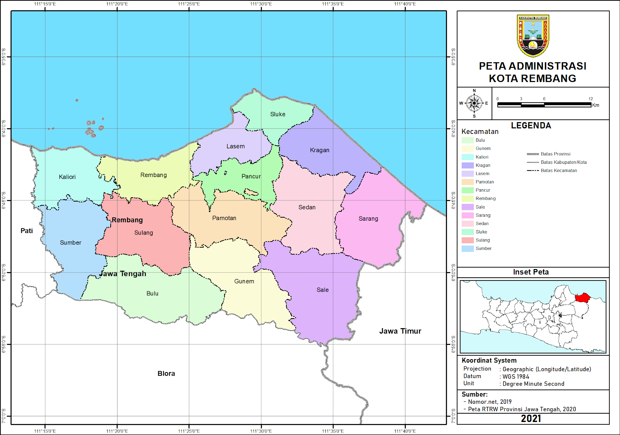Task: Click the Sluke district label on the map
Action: pyautogui.click(x=278, y=114)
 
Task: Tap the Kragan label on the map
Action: pyautogui.click(x=319, y=150)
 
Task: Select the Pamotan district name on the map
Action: pyautogui.click(x=224, y=218)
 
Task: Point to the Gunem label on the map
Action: pyautogui.click(x=244, y=281)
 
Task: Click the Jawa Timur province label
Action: pyautogui.click(x=400, y=331)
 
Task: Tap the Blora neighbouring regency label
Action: pyautogui.click(x=166, y=373)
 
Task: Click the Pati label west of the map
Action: pyautogui.click(x=27, y=231)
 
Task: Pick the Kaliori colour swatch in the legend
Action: pyautogui.click(x=467, y=157)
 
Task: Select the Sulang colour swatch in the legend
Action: pyautogui.click(x=467, y=240)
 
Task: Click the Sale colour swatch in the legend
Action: pyautogui.click(x=467, y=207)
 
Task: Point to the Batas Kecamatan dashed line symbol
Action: pyautogui.click(x=533, y=171)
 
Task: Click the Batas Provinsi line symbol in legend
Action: pyautogui.click(x=533, y=154)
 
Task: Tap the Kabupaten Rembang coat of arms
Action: pyautogui.click(x=533, y=36)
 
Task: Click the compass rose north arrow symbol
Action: pyautogui.click(x=474, y=103)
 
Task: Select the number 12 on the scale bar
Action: pyautogui.click(x=590, y=99)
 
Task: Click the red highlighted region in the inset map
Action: pyautogui.click(x=582, y=298)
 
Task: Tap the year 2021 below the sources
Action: pyautogui.click(x=531, y=418)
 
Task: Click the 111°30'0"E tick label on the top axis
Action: pyautogui.click(x=261, y=4)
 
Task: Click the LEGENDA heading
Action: pyautogui.click(x=531, y=126)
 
